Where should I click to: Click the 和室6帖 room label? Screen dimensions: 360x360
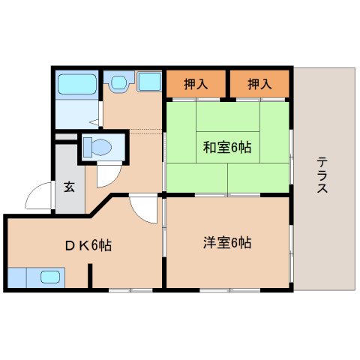pyautogui.click(x=226, y=148)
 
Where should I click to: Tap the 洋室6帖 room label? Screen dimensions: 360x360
pyautogui.click(x=226, y=242)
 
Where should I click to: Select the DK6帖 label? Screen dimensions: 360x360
pyautogui.click(x=87, y=244)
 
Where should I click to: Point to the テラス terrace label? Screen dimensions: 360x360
pyautogui.click(x=322, y=175)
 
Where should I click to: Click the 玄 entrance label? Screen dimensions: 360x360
pyautogui.click(x=68, y=187)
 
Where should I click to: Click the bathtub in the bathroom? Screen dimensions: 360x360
pyautogui.click(x=77, y=84)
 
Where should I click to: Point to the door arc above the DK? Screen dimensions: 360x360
pyautogui.click(x=140, y=206)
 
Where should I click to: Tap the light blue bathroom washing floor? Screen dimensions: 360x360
pyautogui.click(x=76, y=113)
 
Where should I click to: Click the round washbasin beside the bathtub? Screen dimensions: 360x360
pyautogui.click(x=118, y=82)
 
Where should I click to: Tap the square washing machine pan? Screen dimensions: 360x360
pyautogui.click(x=149, y=82)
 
